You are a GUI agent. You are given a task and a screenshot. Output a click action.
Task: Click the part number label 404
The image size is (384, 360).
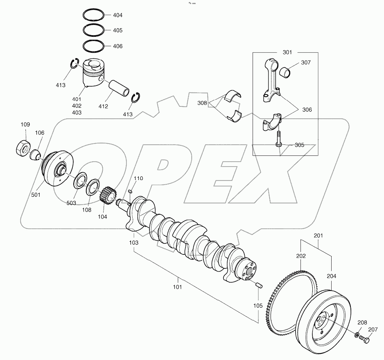pyautogui.click(x=117, y=15)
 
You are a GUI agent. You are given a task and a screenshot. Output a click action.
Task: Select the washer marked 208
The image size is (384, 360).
pyautogui.click(x=358, y=336)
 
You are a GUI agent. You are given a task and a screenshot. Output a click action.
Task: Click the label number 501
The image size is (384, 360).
pyautogui.click(x=36, y=195)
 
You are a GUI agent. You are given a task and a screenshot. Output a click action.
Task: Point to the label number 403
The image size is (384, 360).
pyautogui.click(x=77, y=112)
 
